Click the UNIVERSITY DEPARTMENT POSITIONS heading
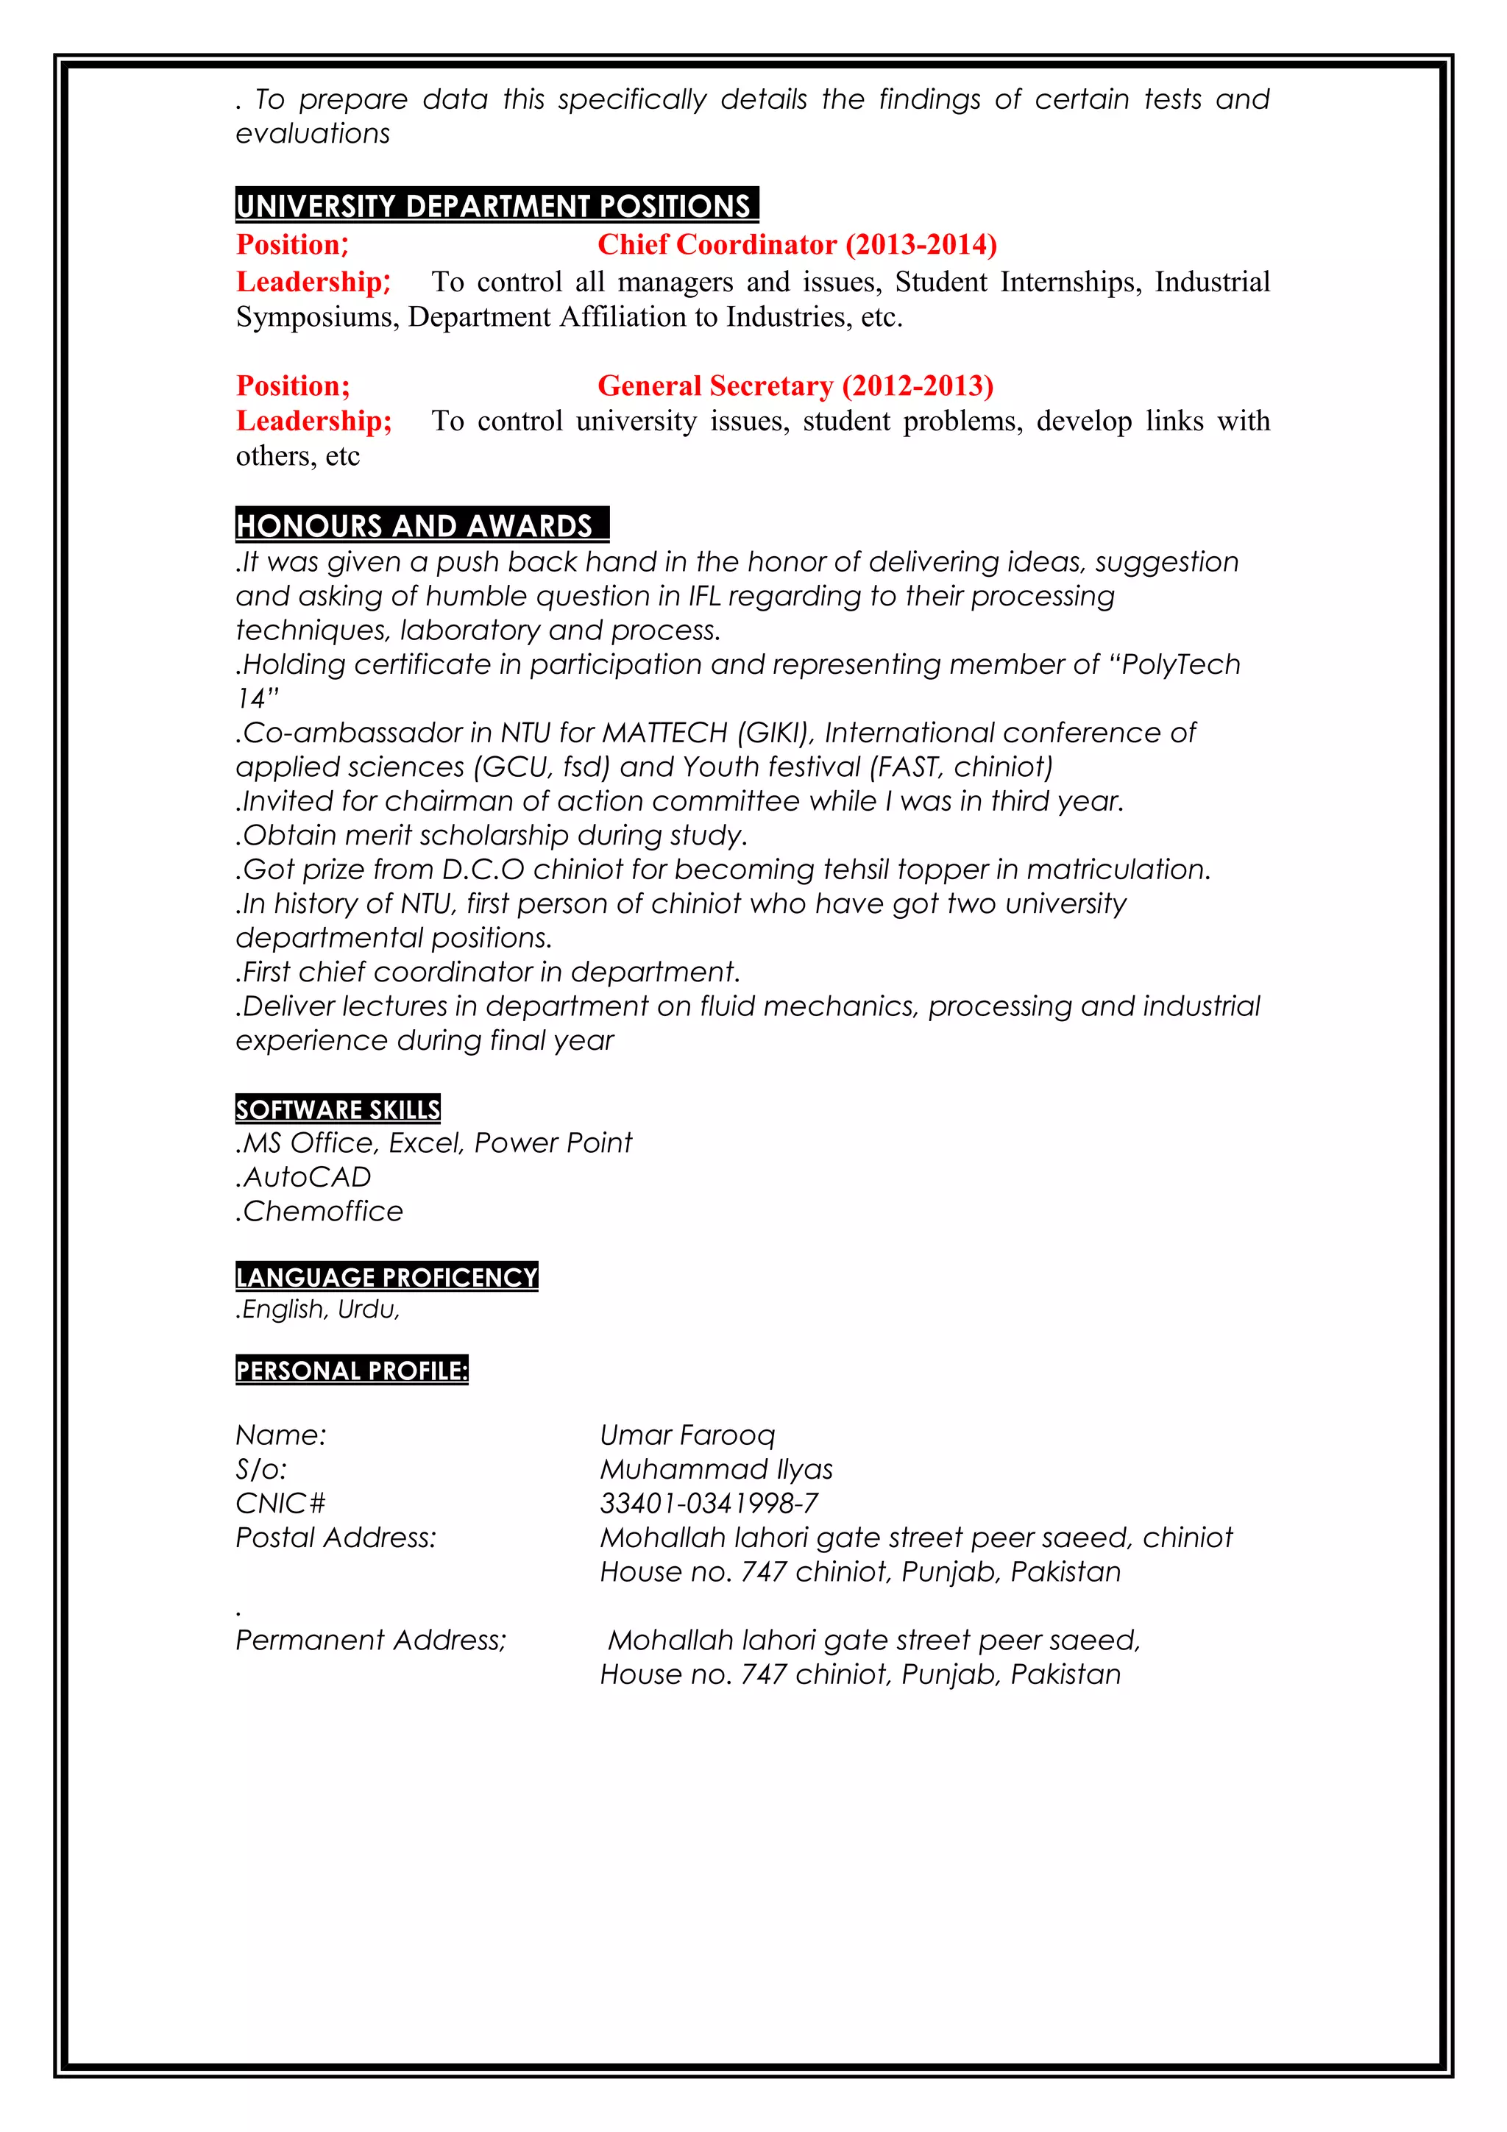[x=496, y=205]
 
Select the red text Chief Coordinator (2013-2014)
[x=797, y=244]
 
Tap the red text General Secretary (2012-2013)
[x=795, y=385]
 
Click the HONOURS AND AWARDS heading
[x=422, y=525]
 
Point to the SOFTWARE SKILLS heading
[x=338, y=1109]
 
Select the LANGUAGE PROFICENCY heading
[x=386, y=1277]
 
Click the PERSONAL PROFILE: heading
[x=352, y=1371]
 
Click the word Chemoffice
[x=322, y=1211]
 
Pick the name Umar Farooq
[x=687, y=1435]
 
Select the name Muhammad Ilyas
[x=716, y=1469]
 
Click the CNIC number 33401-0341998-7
[x=709, y=1503]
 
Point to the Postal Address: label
[x=336, y=1538]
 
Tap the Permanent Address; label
[x=370, y=1640]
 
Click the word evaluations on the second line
[x=313, y=134]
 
